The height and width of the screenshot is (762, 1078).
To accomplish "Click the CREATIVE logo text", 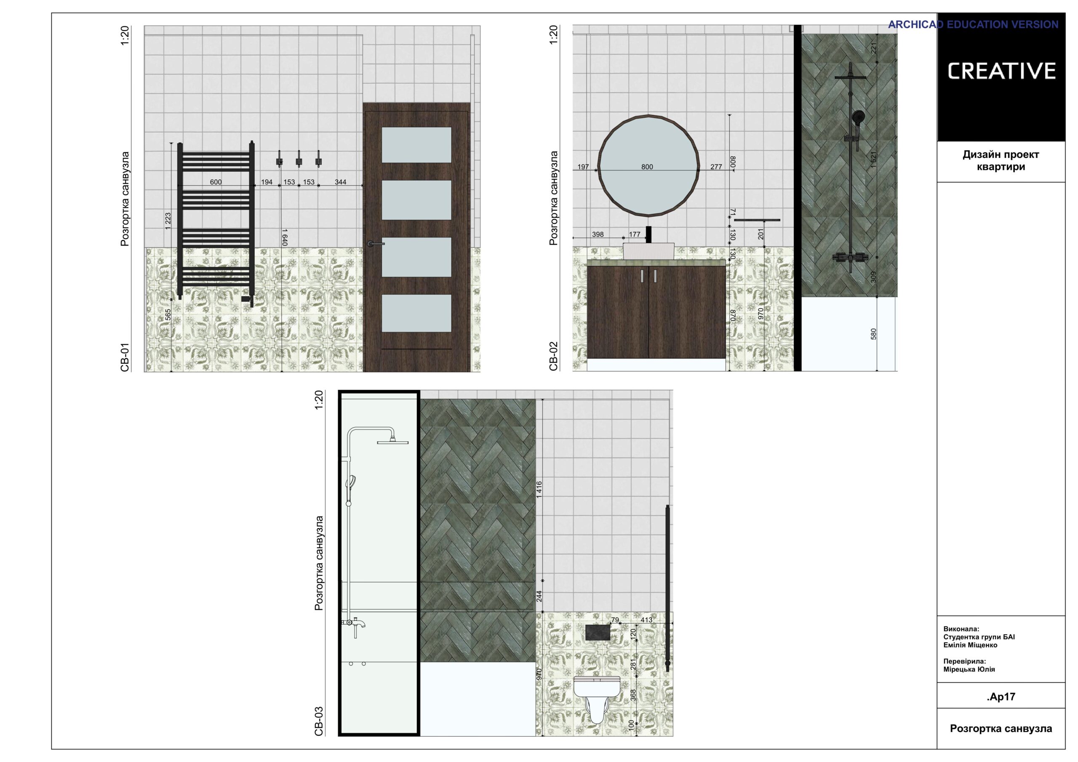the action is tap(1001, 72).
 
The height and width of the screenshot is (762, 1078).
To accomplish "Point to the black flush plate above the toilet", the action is tap(598, 632).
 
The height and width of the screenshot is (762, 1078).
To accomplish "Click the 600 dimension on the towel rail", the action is tap(216, 182).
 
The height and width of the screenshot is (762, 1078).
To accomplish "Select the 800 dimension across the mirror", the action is tap(647, 167).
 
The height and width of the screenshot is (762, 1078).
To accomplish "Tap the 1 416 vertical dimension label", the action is tap(539, 489).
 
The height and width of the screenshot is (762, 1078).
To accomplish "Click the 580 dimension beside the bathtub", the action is tap(873, 334).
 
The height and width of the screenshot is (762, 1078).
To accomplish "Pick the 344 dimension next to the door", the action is tap(340, 182).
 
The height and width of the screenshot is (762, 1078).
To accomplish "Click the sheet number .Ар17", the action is tap(1001, 697).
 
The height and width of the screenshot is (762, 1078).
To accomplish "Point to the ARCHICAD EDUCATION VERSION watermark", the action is tap(973, 24).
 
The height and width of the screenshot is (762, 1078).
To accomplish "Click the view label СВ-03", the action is tap(319, 721).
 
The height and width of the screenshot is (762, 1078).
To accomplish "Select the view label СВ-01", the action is tap(124, 358).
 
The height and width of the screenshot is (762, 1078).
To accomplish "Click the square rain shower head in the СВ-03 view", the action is tap(392, 442).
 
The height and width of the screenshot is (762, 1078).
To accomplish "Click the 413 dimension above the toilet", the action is tap(646, 620).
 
